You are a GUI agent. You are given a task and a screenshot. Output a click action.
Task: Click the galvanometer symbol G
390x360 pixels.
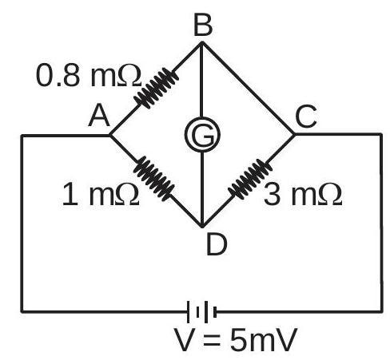tap(202, 135)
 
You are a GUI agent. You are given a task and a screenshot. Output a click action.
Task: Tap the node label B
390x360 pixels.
tap(203, 25)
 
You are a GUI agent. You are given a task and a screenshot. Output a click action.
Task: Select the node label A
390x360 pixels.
tap(99, 116)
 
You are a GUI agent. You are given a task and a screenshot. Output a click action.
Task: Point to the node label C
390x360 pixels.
tap(306, 116)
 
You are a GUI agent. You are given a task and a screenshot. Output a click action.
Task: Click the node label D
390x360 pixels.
tap(217, 244)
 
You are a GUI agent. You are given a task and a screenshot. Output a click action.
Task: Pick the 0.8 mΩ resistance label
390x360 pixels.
tap(88, 76)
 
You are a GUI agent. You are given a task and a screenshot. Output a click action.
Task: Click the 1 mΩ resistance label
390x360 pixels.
tap(101, 195)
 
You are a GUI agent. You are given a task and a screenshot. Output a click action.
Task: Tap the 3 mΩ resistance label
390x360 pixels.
tap(303, 195)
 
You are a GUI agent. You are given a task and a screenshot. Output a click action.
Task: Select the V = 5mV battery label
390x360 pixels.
tap(236, 341)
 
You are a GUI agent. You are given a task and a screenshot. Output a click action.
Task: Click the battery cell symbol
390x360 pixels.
tap(202, 311)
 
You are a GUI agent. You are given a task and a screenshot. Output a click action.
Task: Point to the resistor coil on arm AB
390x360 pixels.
tap(156, 88)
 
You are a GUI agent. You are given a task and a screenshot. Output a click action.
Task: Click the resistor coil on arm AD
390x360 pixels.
tap(154, 179)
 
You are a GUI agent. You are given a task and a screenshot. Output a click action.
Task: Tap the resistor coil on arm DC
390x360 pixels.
tap(250, 179)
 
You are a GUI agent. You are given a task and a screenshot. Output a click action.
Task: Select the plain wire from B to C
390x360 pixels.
tap(248, 88)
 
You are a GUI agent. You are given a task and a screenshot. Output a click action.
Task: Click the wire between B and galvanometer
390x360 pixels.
tap(201, 80)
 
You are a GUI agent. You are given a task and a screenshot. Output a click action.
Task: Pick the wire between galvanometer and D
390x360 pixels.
tap(202, 189)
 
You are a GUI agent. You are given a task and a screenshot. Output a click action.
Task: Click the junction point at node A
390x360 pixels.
tap(110, 136)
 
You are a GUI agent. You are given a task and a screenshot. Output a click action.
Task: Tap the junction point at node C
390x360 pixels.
tap(294, 134)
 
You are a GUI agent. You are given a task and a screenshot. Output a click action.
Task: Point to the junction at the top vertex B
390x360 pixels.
tap(202, 43)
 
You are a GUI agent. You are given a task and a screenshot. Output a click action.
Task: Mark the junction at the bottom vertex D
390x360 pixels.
tap(202, 226)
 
